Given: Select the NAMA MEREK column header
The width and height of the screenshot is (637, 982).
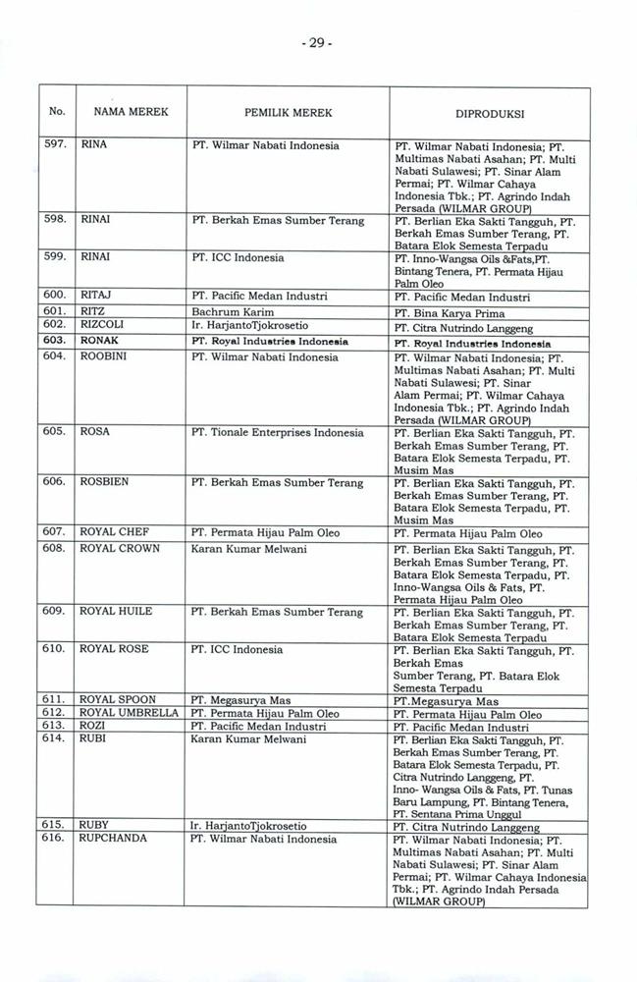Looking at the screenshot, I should pos(124,112).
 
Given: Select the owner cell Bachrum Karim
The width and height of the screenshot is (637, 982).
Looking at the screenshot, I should pos(233,310).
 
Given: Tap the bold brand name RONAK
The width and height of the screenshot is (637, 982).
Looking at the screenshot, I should pos(101,340).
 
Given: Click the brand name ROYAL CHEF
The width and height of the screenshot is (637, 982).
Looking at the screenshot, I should pos(115,532).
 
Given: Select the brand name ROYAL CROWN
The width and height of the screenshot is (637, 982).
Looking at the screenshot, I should pos(120,548).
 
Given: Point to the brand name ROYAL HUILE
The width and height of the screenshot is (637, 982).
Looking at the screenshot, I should pos(116,612).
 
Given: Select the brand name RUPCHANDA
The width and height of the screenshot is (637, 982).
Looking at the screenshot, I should pos(113,840).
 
